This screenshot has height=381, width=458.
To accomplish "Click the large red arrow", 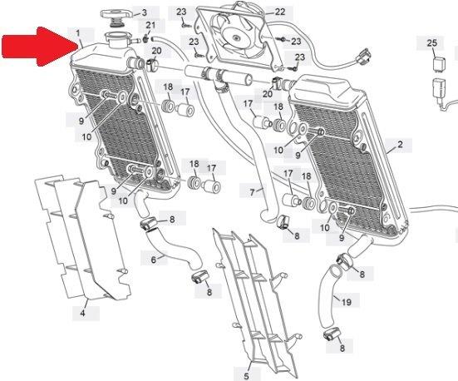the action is tap(41, 46).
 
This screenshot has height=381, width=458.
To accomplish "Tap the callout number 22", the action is tap(280, 12).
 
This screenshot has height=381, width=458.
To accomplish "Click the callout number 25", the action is tap(432, 43).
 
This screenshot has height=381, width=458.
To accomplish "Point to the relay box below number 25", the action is tap(438, 63).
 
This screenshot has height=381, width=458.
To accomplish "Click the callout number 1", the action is tap(78, 33).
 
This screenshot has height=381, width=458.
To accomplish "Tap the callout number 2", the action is tap(400, 144).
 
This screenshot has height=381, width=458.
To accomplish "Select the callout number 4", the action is tap(82, 313).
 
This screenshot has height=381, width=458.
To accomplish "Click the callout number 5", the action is tap(246, 376).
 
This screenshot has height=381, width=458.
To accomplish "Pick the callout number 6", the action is tap(154, 260).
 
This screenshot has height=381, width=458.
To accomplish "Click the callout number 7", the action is tap(252, 192).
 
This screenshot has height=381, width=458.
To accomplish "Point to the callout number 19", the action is tap(347, 302).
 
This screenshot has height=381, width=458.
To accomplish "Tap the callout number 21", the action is tap(150, 25).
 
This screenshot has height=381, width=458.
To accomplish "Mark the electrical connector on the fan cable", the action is tap(365, 56).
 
